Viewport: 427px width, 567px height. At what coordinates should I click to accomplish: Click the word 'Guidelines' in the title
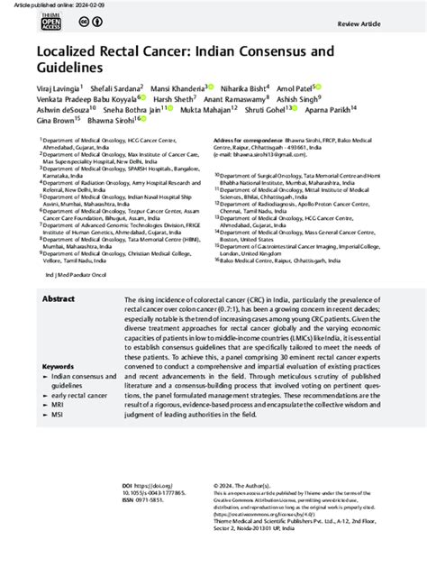[x=77, y=68]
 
